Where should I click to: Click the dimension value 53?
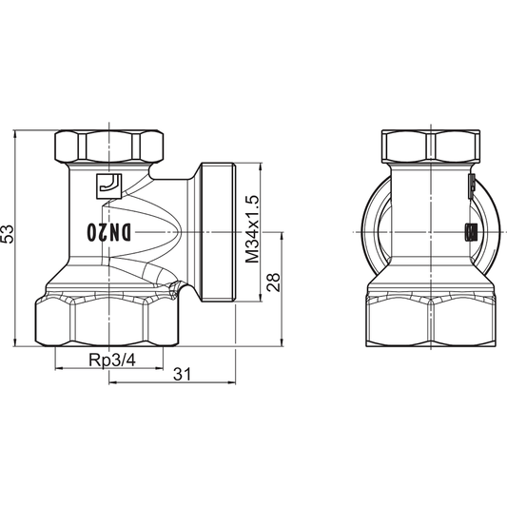9,235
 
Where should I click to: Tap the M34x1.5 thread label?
251,229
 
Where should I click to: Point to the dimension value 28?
273,282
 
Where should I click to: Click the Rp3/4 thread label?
110,361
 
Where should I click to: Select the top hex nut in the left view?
107,145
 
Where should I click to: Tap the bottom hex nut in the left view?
107,323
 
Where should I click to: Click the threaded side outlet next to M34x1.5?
218,232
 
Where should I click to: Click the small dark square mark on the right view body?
468,231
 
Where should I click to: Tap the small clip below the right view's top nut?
471,185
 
